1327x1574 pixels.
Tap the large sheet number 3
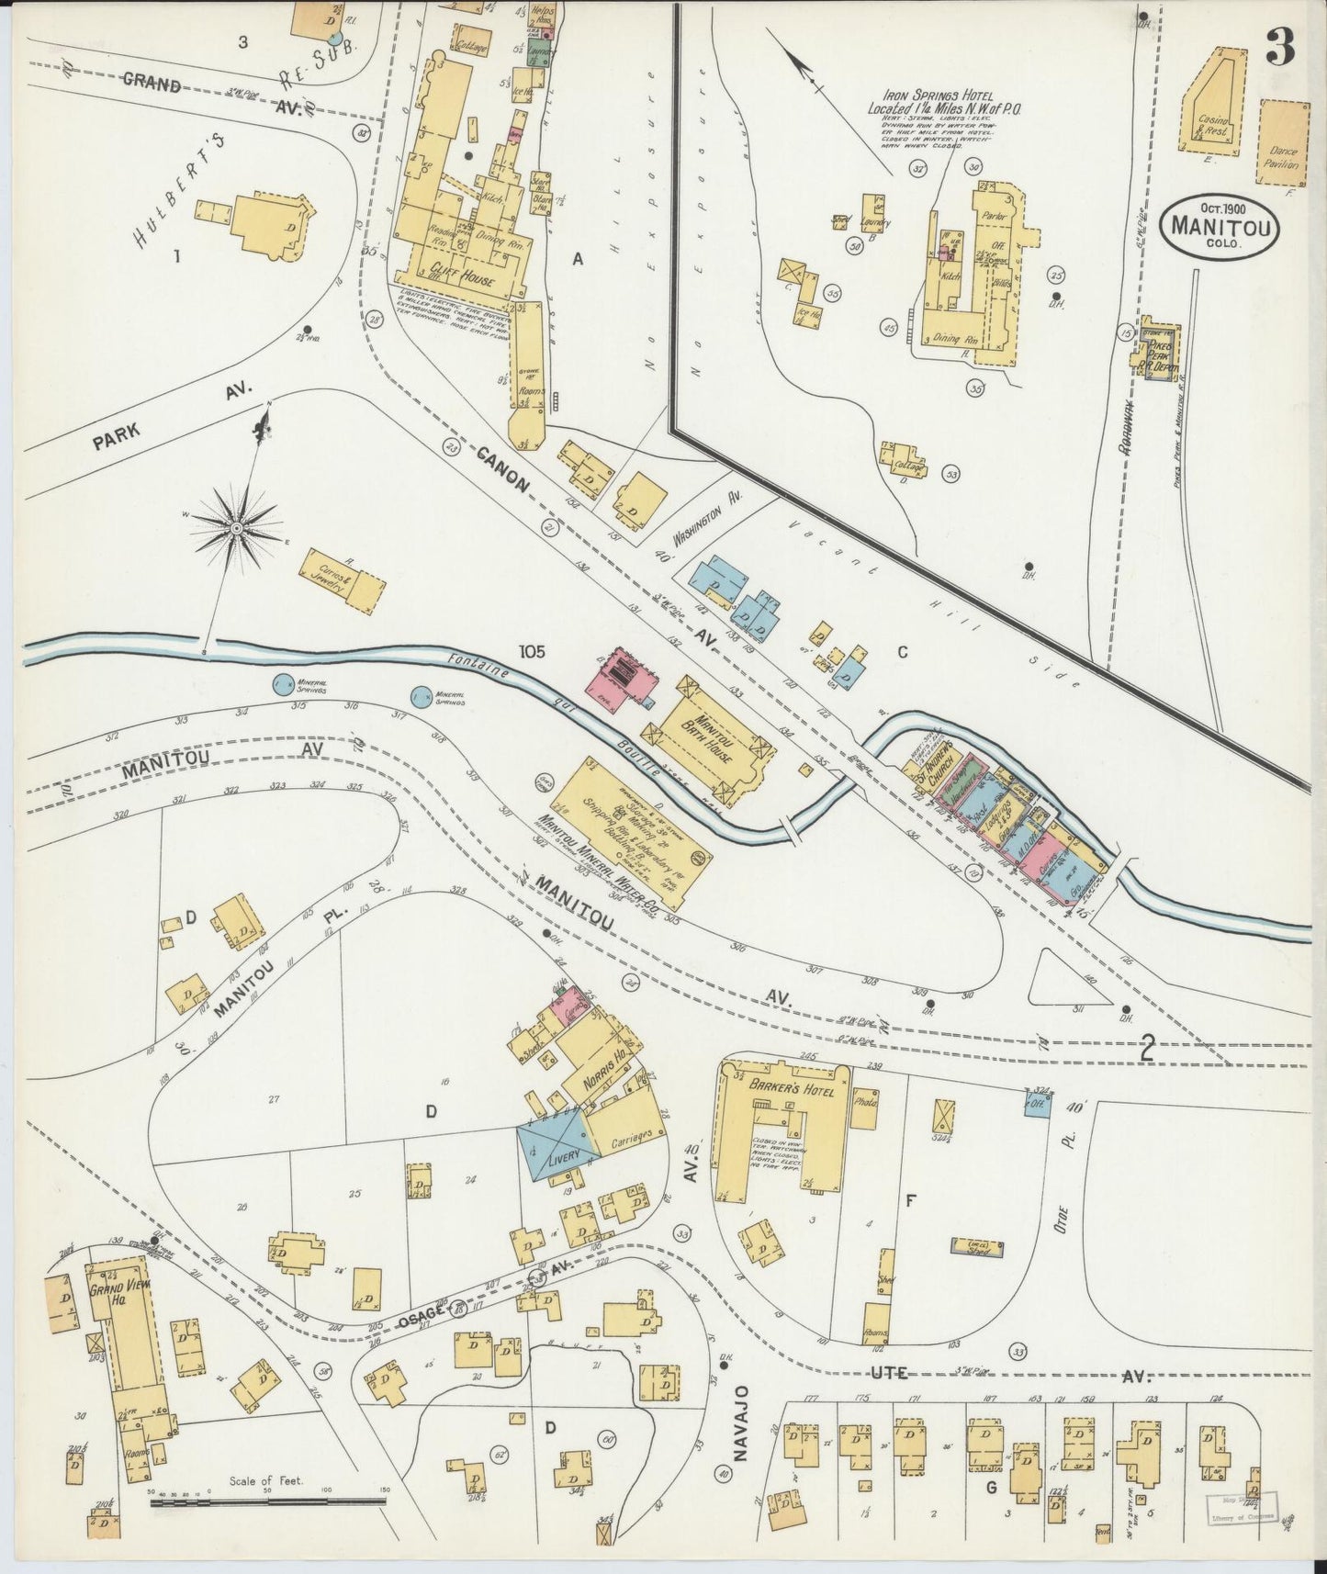pos(1280,47)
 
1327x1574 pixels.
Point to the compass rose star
pos(237,528)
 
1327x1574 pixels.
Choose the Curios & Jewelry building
pos(340,580)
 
